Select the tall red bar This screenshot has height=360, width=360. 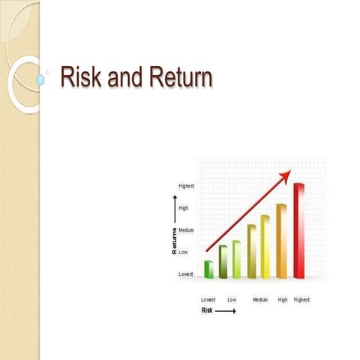point(298,230)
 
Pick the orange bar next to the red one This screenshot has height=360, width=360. point(282,241)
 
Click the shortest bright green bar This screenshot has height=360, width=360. point(209,269)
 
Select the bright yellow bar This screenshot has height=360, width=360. point(265,247)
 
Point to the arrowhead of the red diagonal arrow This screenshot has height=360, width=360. point(286,175)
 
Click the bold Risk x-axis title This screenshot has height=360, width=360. point(207,310)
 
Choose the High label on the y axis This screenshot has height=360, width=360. point(183,208)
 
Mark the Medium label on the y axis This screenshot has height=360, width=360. point(187,230)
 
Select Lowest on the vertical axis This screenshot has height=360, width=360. point(186,274)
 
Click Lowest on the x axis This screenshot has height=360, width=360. point(208,299)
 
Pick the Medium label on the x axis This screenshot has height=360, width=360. point(260,299)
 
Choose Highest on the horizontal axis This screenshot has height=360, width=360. point(301,299)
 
